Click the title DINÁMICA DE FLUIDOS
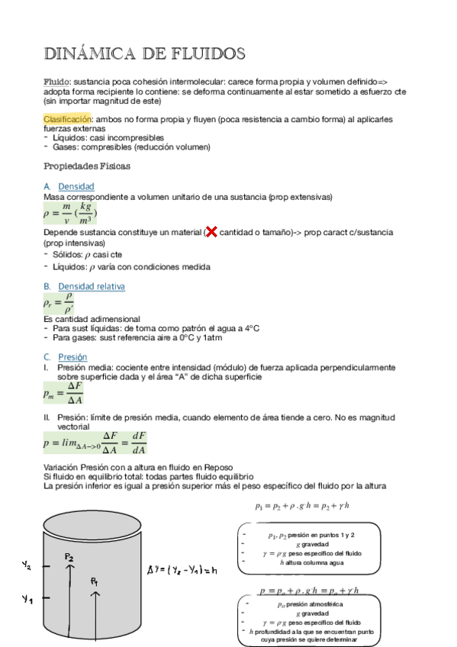click(144, 54)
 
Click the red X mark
click(211, 232)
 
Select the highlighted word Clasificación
click(67, 120)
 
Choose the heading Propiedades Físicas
click(87, 166)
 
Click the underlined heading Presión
click(72, 356)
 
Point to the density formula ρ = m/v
click(70, 214)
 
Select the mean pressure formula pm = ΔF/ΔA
click(65, 393)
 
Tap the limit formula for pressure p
click(95, 443)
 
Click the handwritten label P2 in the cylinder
click(69, 557)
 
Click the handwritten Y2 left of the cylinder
click(27, 565)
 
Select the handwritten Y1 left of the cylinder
click(27, 600)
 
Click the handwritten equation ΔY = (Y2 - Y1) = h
click(182, 569)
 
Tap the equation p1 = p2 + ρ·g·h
click(301, 505)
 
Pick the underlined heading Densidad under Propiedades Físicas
click(76, 186)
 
